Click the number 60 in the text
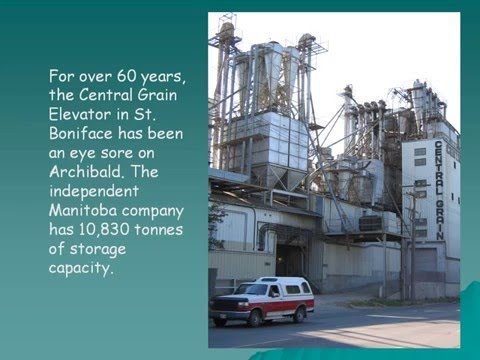coord(126,76)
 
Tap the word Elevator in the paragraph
coord(80,114)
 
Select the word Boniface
coord(81,133)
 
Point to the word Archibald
coord(85,171)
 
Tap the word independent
coord(94,191)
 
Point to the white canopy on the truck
coord(286,286)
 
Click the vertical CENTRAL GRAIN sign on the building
coord(439,190)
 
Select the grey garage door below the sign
coord(424,261)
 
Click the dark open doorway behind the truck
coord(290,261)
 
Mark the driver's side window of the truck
coord(274,291)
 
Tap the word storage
coord(98,249)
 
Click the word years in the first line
coord(163,77)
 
